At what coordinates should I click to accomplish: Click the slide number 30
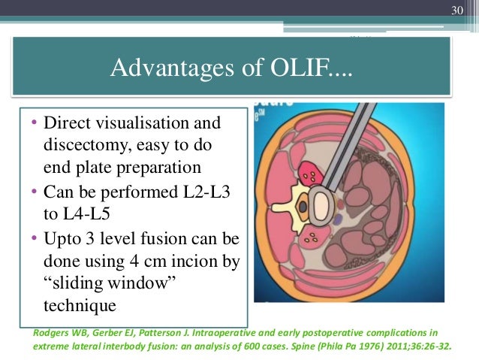click(x=456, y=10)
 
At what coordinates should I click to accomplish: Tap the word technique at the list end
click(x=79, y=306)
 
